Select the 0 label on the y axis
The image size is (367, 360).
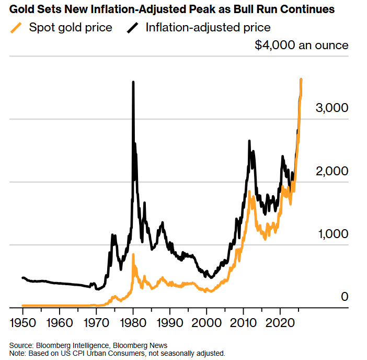pyautogui.click(x=345, y=296)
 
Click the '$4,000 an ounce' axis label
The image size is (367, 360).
pyautogui.click(x=301, y=45)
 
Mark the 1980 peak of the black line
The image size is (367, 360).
pyautogui.click(x=133, y=82)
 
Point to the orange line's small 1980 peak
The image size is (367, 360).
pyautogui.click(x=133, y=255)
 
